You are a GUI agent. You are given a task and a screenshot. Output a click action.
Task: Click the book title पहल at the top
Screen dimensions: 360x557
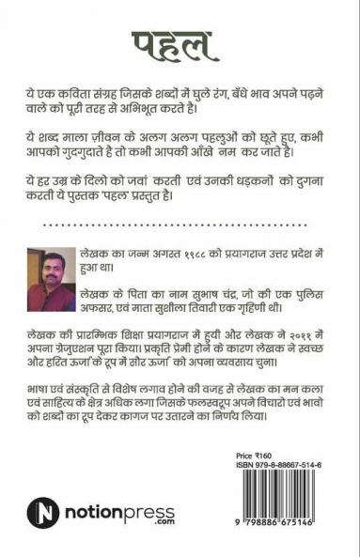coord(180,43)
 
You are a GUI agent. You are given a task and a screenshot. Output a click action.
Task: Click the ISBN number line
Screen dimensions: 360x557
coord(279,465)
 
